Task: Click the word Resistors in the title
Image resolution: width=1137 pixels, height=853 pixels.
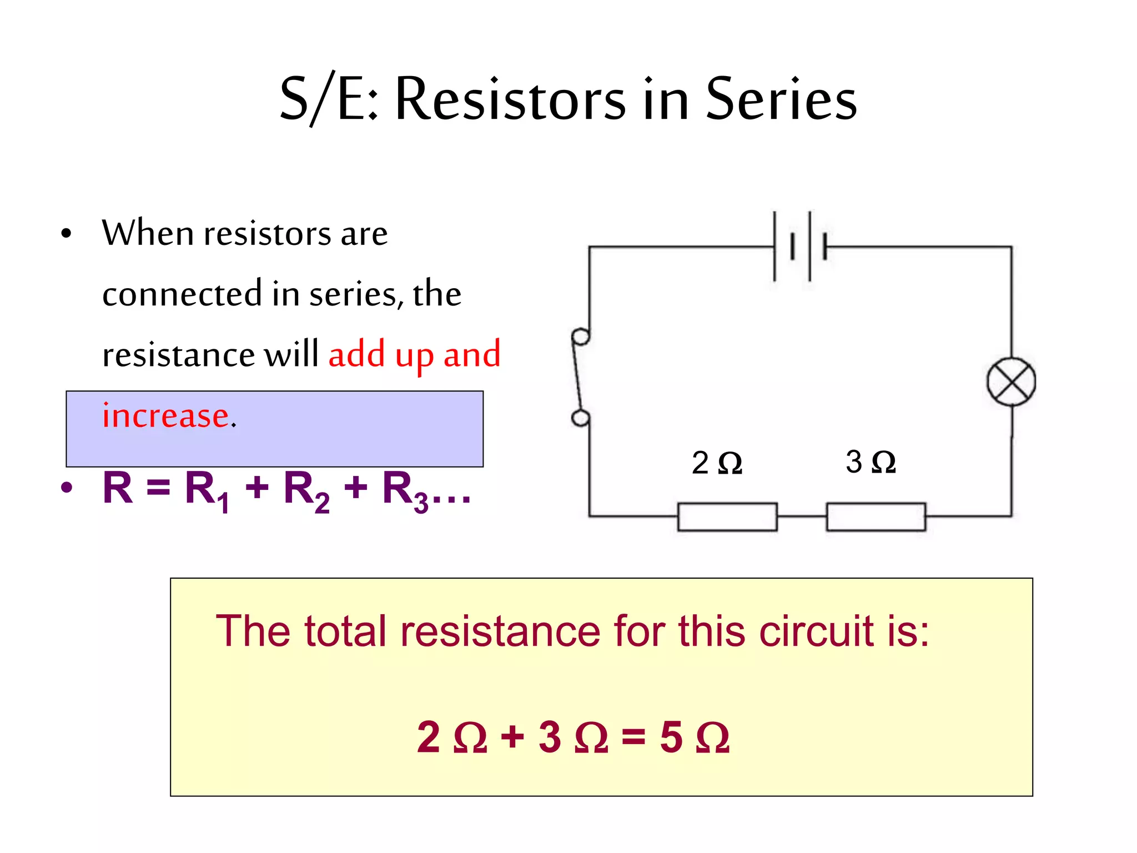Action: (510, 100)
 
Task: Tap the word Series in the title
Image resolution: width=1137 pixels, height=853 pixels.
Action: (781, 100)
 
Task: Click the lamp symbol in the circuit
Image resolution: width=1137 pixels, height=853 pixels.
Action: (1011, 382)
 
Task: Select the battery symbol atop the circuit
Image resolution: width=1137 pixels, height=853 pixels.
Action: (800, 246)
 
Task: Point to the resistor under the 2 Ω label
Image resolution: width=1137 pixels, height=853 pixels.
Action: (727, 516)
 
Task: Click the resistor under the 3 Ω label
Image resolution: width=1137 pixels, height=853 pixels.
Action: (876, 516)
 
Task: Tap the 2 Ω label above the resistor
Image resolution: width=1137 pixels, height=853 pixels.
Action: (716, 463)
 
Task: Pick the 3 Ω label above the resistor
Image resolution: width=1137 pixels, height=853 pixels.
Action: (870, 461)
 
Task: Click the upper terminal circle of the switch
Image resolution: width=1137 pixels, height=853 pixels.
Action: (581, 337)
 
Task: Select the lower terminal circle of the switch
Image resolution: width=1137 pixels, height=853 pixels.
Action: (581, 418)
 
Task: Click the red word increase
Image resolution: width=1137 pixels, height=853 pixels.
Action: (165, 415)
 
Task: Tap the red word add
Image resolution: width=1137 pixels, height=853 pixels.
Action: (356, 354)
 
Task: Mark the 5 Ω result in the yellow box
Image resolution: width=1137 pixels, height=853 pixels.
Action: (694, 737)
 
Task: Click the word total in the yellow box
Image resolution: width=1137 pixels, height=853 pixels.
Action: (345, 631)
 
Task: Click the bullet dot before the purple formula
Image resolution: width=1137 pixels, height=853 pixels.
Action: (67, 488)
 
